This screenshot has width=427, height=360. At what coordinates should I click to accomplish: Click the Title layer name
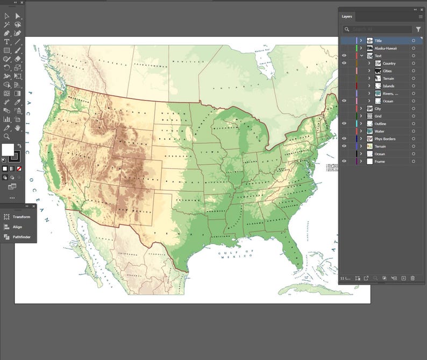(x=378, y=41)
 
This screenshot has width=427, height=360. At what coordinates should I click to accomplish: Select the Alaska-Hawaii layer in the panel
(x=386, y=48)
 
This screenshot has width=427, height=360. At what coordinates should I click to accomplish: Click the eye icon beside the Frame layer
(x=344, y=161)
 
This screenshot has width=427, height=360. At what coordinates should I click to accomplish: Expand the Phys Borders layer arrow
(x=361, y=139)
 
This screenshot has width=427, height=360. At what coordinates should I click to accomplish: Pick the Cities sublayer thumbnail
(x=378, y=71)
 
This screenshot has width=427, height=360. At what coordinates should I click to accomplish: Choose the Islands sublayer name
(x=388, y=86)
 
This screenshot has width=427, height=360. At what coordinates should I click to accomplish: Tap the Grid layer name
(x=378, y=116)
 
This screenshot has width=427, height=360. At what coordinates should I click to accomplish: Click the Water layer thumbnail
(x=370, y=131)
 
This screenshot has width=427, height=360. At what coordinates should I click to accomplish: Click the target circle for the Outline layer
(x=414, y=124)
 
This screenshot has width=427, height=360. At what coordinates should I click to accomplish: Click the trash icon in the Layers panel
(x=412, y=278)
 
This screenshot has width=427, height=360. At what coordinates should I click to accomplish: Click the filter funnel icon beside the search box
(x=418, y=30)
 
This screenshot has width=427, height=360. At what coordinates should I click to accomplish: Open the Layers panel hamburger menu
(x=421, y=17)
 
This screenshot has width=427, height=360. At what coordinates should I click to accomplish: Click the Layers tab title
(x=347, y=17)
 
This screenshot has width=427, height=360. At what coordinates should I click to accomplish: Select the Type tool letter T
(x=6, y=41)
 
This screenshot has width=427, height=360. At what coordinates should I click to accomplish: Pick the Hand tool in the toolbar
(x=18, y=128)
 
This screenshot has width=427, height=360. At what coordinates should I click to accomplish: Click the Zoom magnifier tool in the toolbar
(x=6, y=137)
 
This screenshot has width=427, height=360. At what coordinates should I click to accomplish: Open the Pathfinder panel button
(x=22, y=237)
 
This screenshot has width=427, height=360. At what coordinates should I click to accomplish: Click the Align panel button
(x=17, y=227)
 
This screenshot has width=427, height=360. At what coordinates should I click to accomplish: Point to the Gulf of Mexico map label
(x=236, y=253)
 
